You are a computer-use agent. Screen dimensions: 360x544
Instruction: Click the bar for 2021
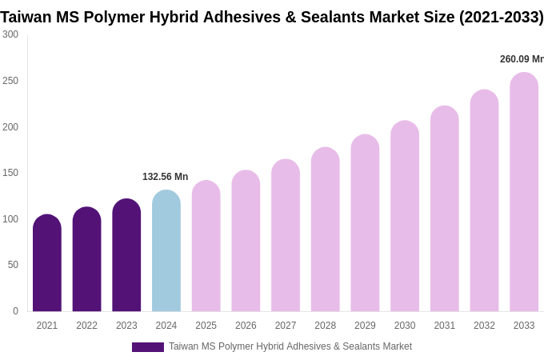[x=47, y=263]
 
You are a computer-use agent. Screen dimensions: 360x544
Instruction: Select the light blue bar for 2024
[x=166, y=251]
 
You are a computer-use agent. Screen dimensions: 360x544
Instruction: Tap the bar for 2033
[x=524, y=192]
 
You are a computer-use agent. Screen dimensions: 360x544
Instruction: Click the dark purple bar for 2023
[x=126, y=255]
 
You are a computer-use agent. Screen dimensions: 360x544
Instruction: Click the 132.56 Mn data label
[x=166, y=177]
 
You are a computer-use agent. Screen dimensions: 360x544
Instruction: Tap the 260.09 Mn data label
[x=521, y=59]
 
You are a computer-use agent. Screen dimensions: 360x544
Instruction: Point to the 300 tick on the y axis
[x=10, y=34]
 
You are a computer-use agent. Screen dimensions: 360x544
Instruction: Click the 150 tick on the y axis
[x=10, y=173]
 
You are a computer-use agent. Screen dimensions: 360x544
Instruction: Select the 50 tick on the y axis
[x=13, y=265]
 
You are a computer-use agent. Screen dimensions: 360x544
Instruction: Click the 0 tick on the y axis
[x=15, y=311]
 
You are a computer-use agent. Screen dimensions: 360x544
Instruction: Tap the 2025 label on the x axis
[x=206, y=326]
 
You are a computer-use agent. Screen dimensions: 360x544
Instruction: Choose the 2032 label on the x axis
[x=484, y=326]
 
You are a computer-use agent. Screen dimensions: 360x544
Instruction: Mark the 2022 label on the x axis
[x=86, y=326]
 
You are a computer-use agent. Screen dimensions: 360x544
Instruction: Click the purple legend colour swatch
[x=148, y=347]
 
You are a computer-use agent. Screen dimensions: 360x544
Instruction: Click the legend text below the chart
[x=290, y=346]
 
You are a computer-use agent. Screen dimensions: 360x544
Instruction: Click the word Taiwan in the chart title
[x=26, y=17]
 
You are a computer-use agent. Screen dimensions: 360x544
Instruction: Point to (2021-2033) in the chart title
[x=501, y=17]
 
